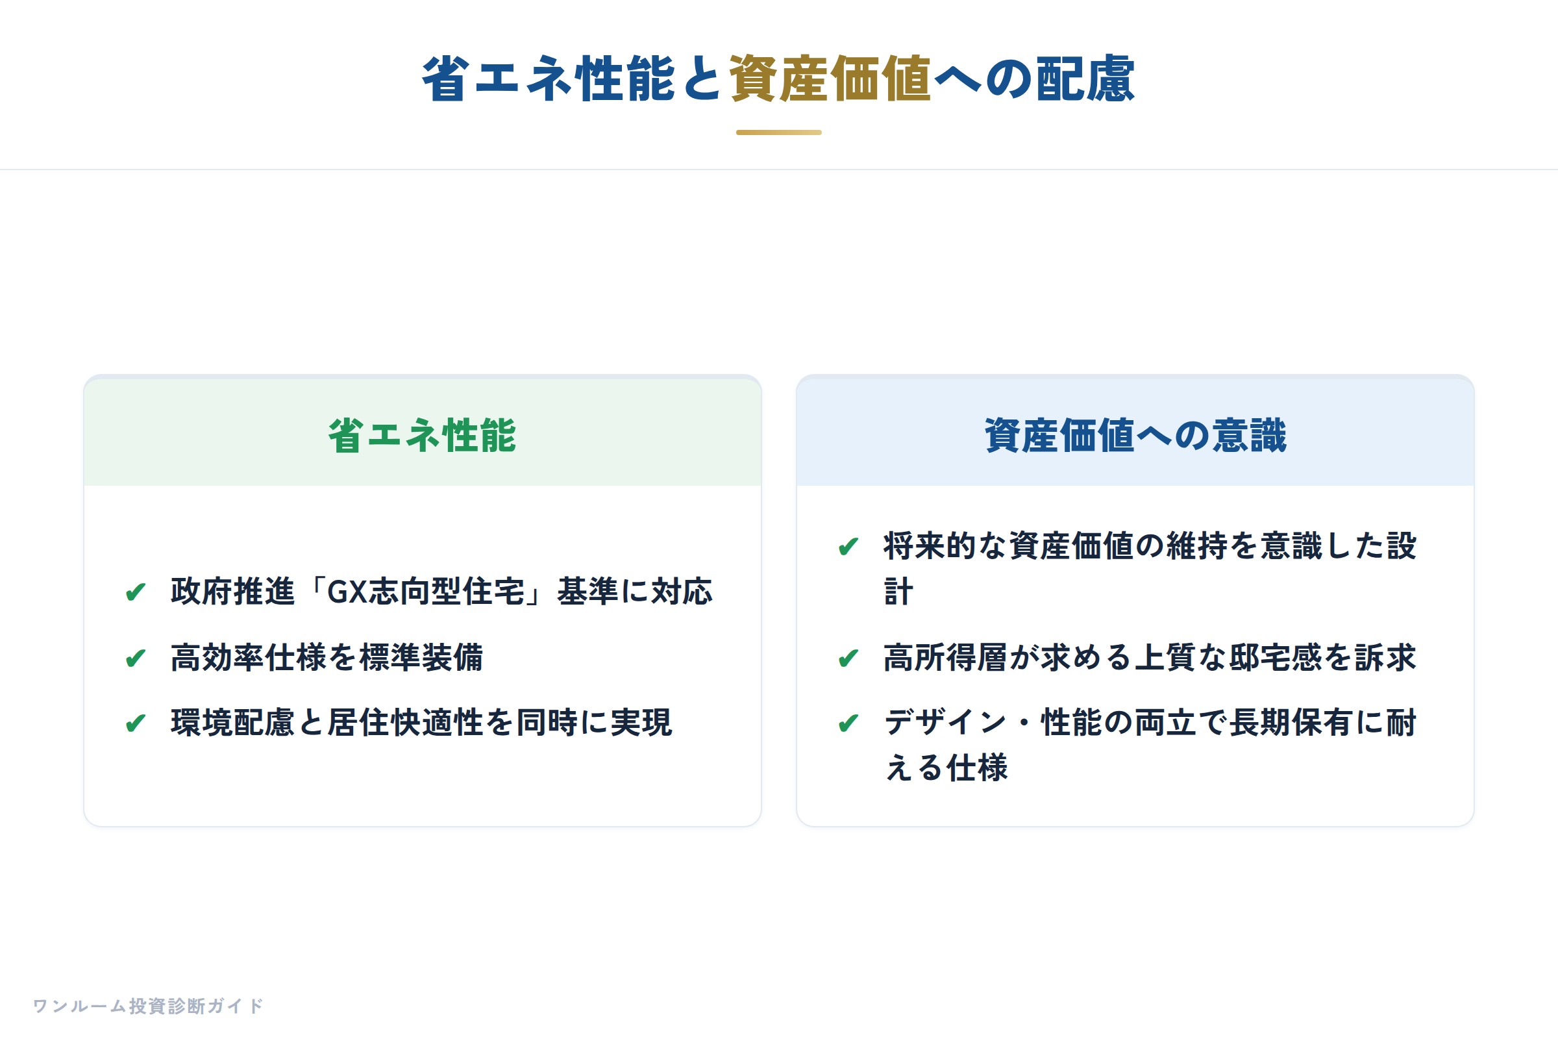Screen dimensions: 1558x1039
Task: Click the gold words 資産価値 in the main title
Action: pos(831,79)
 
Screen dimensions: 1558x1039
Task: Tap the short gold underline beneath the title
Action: pos(779,132)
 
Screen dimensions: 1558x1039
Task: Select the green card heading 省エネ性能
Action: pos(422,435)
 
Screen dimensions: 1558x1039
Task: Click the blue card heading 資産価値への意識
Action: pos(1135,435)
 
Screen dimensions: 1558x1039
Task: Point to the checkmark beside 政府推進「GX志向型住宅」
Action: pos(136,591)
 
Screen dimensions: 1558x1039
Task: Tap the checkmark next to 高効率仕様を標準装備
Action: pos(136,658)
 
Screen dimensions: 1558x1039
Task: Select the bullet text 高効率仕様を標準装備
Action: pos(327,657)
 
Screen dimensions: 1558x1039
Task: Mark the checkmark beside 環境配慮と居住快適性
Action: pos(136,723)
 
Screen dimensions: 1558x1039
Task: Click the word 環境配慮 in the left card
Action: pos(232,722)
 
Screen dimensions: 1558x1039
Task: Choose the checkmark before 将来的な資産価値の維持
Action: pos(848,547)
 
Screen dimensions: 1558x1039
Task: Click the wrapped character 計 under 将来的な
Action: pos(899,591)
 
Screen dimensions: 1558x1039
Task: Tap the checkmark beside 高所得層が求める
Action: pos(848,658)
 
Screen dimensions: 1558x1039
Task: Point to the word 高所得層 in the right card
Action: pos(946,657)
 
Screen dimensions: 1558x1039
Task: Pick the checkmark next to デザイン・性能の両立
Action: pos(848,723)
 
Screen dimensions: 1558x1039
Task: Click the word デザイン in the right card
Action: pos(946,722)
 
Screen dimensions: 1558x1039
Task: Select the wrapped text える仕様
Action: pos(946,768)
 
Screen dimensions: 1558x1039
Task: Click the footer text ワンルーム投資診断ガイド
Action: pos(149,1006)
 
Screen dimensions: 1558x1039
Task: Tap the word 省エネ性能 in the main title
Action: pos(549,79)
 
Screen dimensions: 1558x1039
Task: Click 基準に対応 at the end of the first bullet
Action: pos(635,591)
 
